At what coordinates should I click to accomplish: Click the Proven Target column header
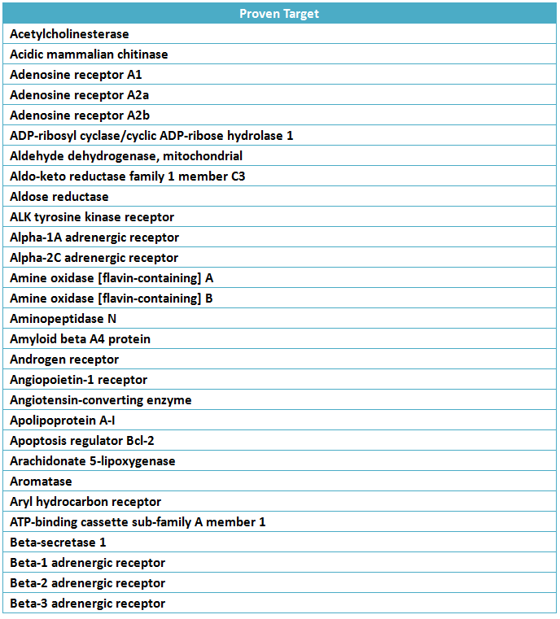(x=279, y=14)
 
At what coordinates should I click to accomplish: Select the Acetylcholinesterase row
(x=69, y=34)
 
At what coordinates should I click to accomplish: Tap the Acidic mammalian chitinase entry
(x=89, y=54)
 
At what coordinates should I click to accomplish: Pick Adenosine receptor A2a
(x=79, y=95)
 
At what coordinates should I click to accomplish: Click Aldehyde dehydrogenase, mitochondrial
(x=126, y=156)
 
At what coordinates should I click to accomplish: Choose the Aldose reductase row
(x=59, y=197)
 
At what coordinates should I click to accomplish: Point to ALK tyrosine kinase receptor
(x=92, y=217)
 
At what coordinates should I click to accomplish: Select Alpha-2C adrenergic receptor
(x=94, y=258)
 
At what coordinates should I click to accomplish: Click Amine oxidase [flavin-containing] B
(x=112, y=299)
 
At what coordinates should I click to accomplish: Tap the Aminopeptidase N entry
(x=63, y=319)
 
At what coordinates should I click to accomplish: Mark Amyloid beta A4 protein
(x=80, y=339)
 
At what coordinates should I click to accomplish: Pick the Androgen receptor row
(x=64, y=360)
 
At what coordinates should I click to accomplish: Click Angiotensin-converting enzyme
(x=101, y=400)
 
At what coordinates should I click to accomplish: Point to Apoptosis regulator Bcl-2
(x=82, y=441)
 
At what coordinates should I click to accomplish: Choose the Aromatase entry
(x=41, y=482)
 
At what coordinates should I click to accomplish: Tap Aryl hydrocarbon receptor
(x=85, y=502)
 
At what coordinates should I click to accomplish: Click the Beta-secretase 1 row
(x=58, y=543)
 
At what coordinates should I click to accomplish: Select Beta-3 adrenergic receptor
(x=87, y=604)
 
